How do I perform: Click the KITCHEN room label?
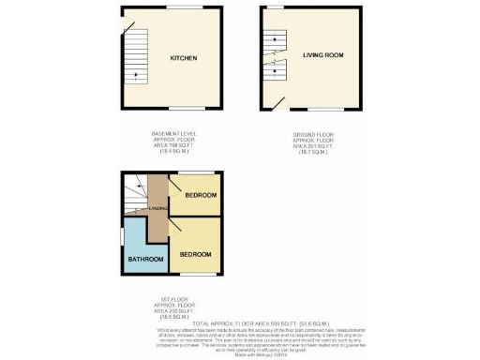click(183, 58)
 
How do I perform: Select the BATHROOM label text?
click(146, 259)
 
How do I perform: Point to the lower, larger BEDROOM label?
click(195, 254)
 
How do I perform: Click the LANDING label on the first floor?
click(159, 209)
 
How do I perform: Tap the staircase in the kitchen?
click(137, 56)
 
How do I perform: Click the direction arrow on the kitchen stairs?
click(137, 75)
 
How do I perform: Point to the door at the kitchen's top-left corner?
click(125, 22)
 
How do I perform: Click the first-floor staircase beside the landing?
click(137, 192)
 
